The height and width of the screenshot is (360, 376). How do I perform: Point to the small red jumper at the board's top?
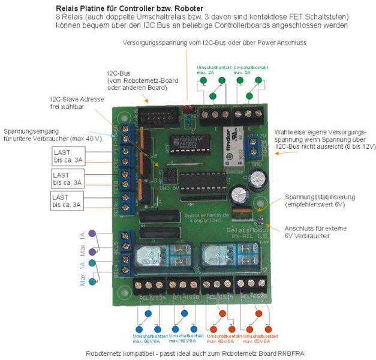(x=187, y=109)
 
